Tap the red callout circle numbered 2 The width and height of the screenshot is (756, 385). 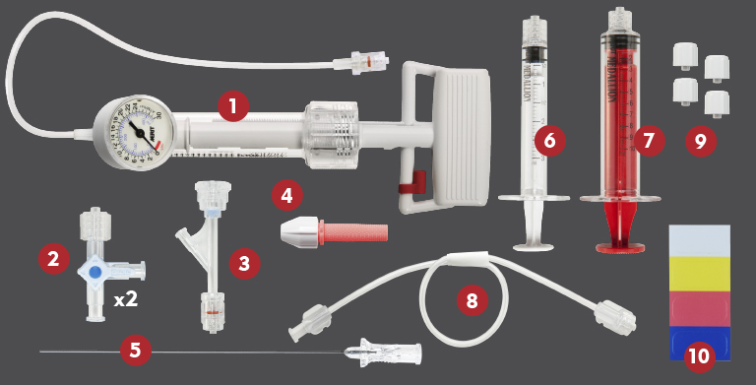coord(53,260)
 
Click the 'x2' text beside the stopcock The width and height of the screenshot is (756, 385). coord(125,299)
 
